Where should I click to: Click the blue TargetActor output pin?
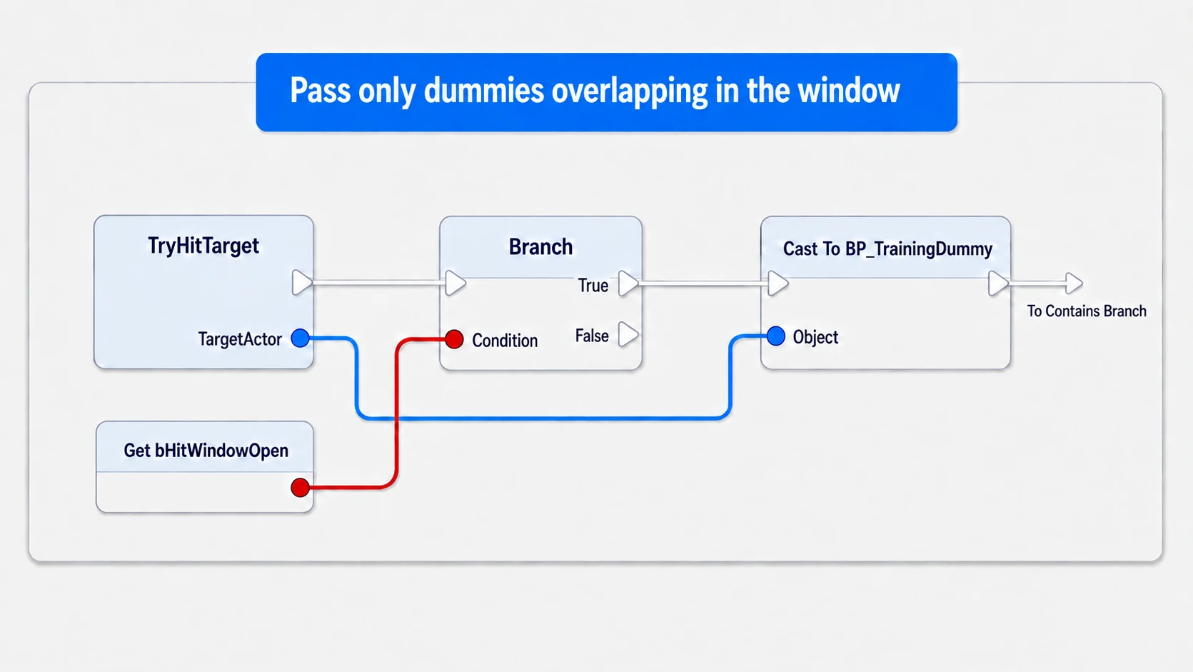[x=301, y=338]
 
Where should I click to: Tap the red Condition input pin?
[x=454, y=339]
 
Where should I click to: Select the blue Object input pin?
[x=776, y=336]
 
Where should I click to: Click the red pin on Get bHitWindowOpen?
[x=301, y=487]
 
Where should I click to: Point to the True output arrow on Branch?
[x=628, y=283]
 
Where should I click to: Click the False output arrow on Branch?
[x=628, y=334]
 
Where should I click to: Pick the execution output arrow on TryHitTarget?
[x=302, y=283]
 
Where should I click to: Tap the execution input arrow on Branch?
[x=455, y=283]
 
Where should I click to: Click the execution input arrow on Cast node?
[x=778, y=283]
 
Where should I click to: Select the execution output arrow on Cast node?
[x=998, y=283]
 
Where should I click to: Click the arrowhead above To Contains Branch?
[x=1074, y=283]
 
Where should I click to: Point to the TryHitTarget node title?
[x=203, y=246]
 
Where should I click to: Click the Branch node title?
[x=540, y=247]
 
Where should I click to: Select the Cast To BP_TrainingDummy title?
[x=888, y=249]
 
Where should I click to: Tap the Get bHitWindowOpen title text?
[x=206, y=451]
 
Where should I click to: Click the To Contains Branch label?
[x=1087, y=311]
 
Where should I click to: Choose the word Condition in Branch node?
[x=505, y=341]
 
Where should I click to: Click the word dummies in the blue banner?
[x=484, y=91]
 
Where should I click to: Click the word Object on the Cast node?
[x=815, y=337]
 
